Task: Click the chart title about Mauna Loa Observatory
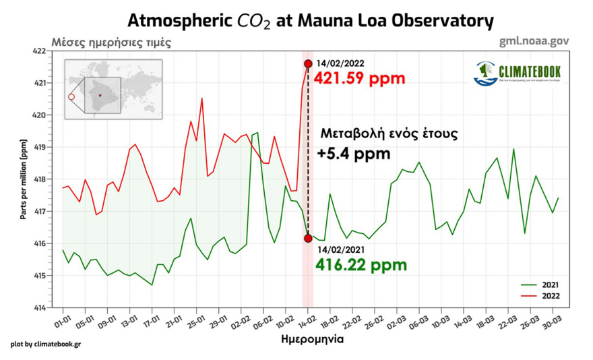pos(311,20)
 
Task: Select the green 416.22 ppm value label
pos(361,265)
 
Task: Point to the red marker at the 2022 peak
pos(308,64)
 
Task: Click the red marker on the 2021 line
pos(308,238)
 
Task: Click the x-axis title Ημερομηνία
pos(311,340)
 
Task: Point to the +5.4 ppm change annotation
pos(353,154)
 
